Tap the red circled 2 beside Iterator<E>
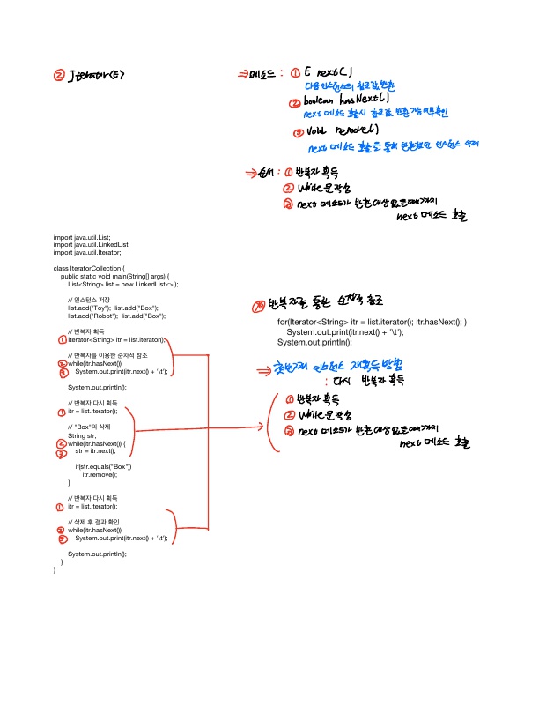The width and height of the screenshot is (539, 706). [x=59, y=78]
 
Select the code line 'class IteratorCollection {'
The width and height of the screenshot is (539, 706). [x=90, y=266]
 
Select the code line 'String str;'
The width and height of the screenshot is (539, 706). [x=82, y=435]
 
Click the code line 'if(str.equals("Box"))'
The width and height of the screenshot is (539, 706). [x=102, y=466]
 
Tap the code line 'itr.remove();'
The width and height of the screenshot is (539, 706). [x=100, y=474]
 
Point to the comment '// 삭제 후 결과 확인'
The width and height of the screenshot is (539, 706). [x=94, y=522]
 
